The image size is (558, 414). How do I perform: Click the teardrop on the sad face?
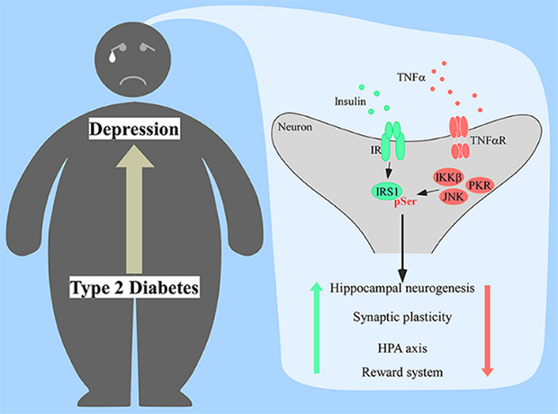pyautogui.click(x=112, y=56)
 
